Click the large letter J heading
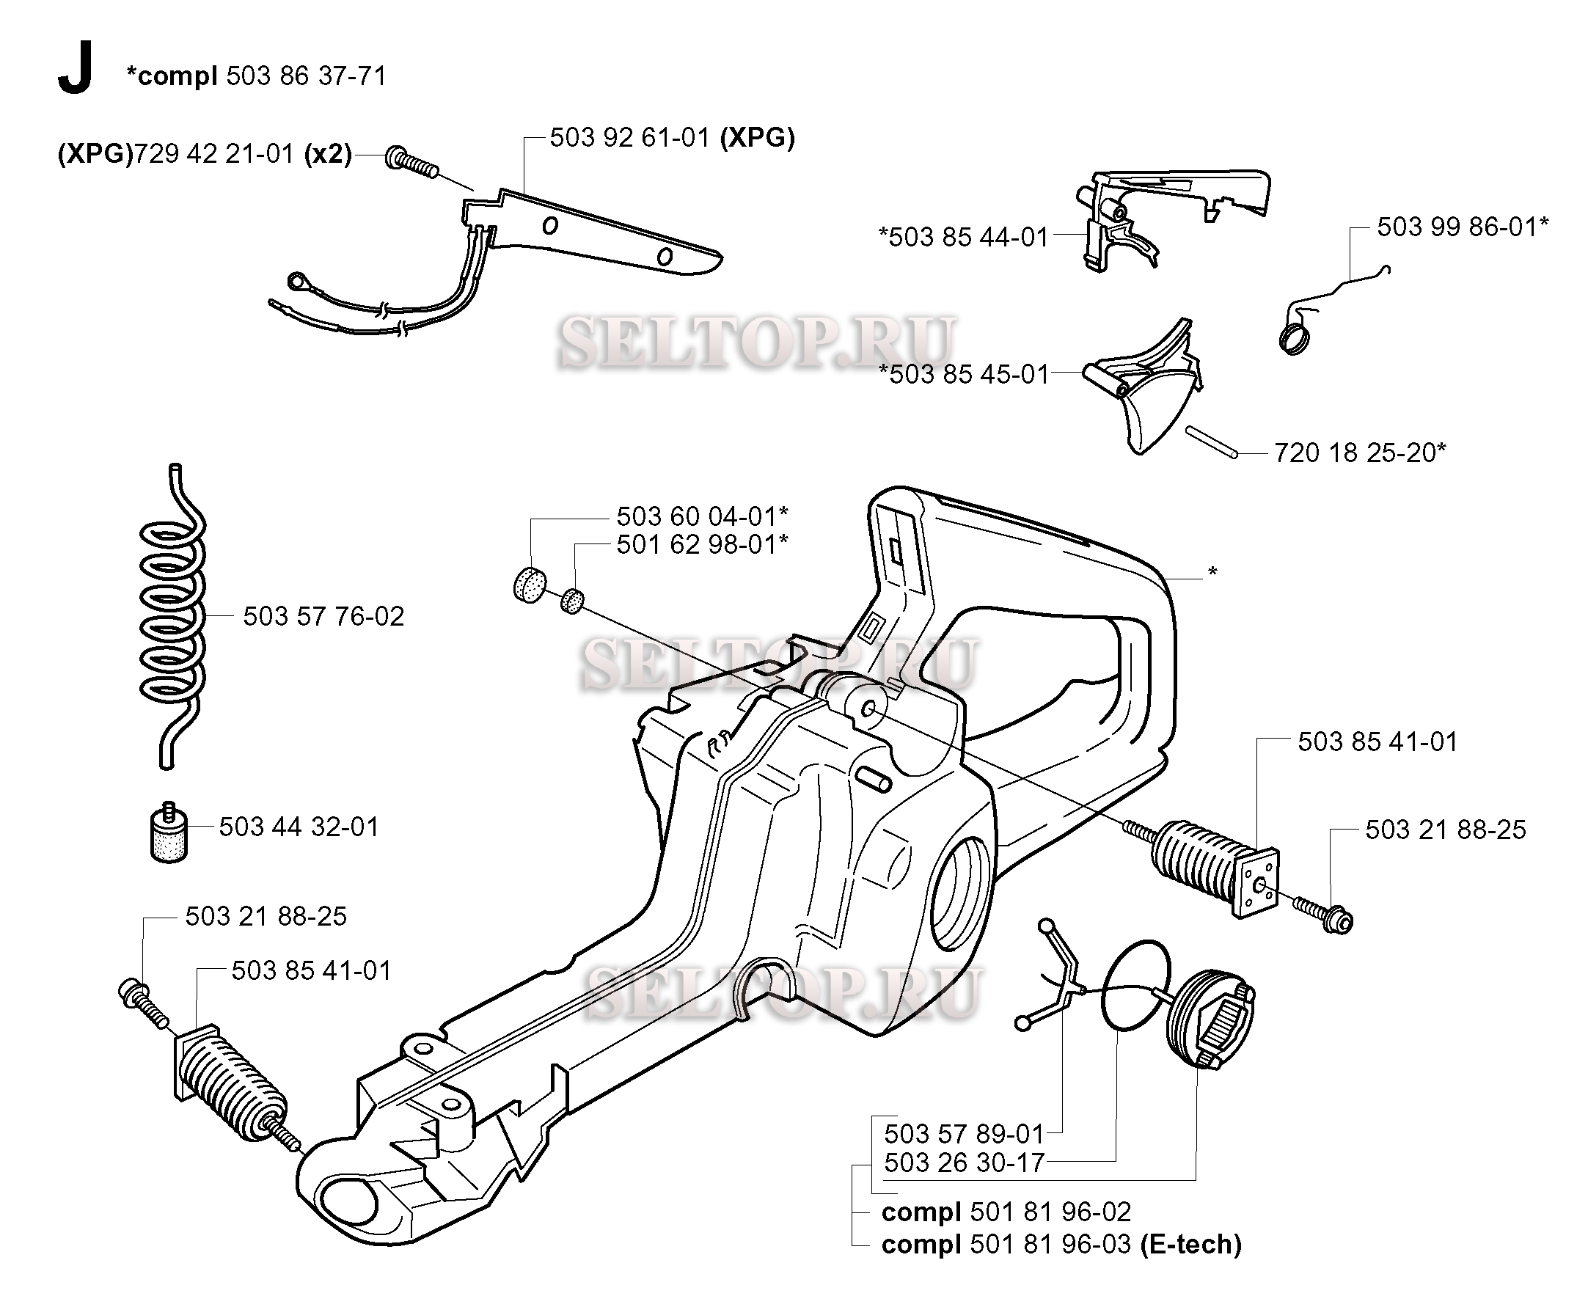pos(75,69)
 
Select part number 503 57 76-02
pos(323,616)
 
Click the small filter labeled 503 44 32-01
pos(169,832)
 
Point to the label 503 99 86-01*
pos(1463,226)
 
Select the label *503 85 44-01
pos(963,237)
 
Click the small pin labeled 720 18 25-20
pos(1212,441)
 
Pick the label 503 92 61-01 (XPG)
pos(672,137)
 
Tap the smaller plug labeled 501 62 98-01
pos(573,600)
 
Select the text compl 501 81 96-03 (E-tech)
pos(1061,1245)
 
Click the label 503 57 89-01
pos(964,1134)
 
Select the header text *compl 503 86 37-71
pos(256,76)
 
